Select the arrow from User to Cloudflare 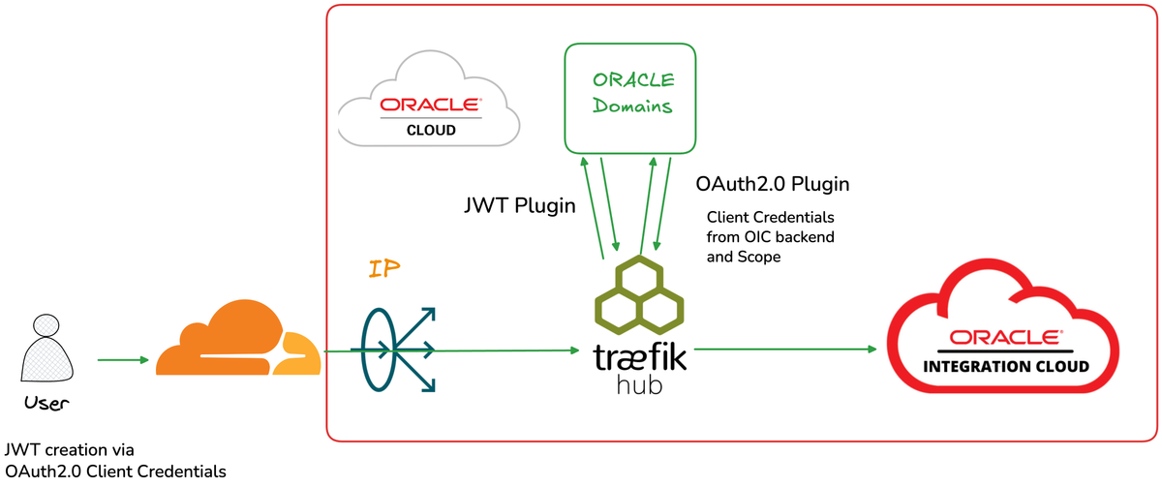click(x=123, y=360)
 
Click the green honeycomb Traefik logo click(x=638, y=294)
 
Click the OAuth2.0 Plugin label click(x=773, y=184)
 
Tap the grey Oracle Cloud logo click(x=429, y=107)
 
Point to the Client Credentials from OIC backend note click(x=771, y=237)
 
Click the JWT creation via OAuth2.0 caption click(x=115, y=461)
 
